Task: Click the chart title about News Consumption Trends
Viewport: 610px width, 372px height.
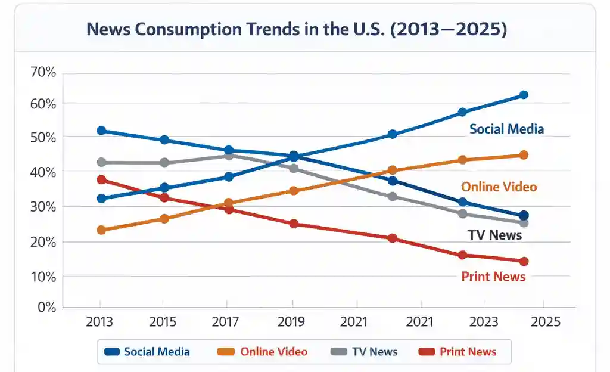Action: coord(297,30)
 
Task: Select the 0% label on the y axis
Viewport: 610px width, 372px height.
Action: coord(45,307)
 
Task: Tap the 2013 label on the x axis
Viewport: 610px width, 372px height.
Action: coord(99,322)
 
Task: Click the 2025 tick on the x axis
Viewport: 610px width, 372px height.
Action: coord(546,322)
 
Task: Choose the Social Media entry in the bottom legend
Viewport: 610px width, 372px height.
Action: coord(147,352)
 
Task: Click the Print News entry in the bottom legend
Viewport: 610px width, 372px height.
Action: coord(457,352)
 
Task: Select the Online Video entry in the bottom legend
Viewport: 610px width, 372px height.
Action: coord(263,352)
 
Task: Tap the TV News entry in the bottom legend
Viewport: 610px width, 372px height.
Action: coord(364,352)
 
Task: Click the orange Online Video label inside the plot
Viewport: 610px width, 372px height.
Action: coord(499,187)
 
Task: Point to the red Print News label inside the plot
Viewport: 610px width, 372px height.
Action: coord(493,277)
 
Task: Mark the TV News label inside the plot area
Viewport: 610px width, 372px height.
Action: coord(494,235)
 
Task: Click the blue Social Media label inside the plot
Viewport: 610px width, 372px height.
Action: coord(506,129)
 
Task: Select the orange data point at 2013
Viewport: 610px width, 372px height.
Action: coord(101,230)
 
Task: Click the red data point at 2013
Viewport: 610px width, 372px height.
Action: coord(101,179)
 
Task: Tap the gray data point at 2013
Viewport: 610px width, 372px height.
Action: coord(101,162)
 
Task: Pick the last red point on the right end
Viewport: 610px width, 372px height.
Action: coord(524,261)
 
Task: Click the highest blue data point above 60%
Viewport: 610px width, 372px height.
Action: coord(524,95)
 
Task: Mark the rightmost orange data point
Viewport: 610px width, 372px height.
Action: coord(524,155)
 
